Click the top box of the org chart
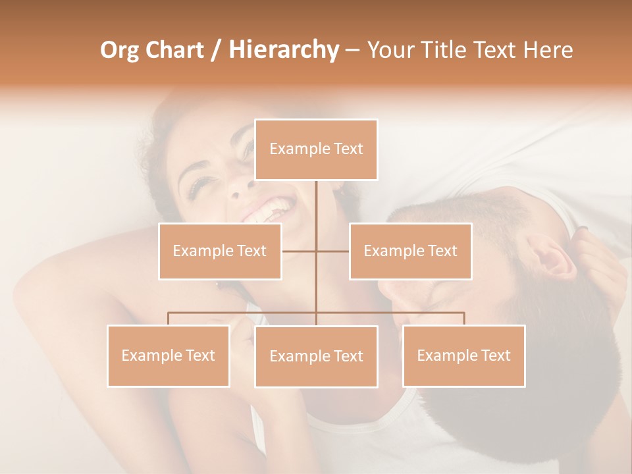coord(316,149)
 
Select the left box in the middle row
coord(220,251)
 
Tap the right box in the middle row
coord(410,251)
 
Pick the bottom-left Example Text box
coord(169,355)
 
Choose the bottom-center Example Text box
coord(316,356)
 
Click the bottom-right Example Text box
coord(463,355)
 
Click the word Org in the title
coord(119,50)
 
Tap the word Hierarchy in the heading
coord(283,50)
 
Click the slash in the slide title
coord(216,50)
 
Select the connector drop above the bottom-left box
coord(169,319)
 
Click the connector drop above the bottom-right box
coord(463,319)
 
